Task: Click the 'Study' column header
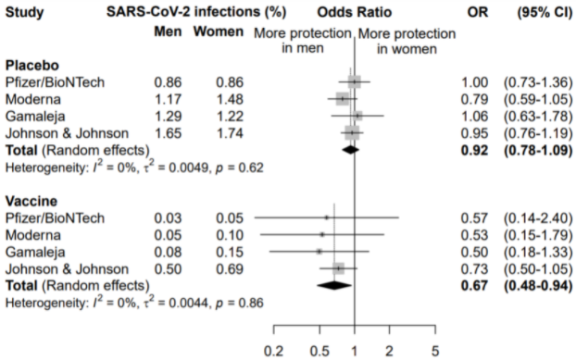[26, 11]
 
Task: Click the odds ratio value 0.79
[474, 98]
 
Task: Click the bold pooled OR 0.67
[474, 285]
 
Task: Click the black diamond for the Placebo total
[349, 149]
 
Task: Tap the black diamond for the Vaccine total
[333, 285]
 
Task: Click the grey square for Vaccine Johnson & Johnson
[339, 268]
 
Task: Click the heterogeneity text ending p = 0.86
[134, 302]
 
